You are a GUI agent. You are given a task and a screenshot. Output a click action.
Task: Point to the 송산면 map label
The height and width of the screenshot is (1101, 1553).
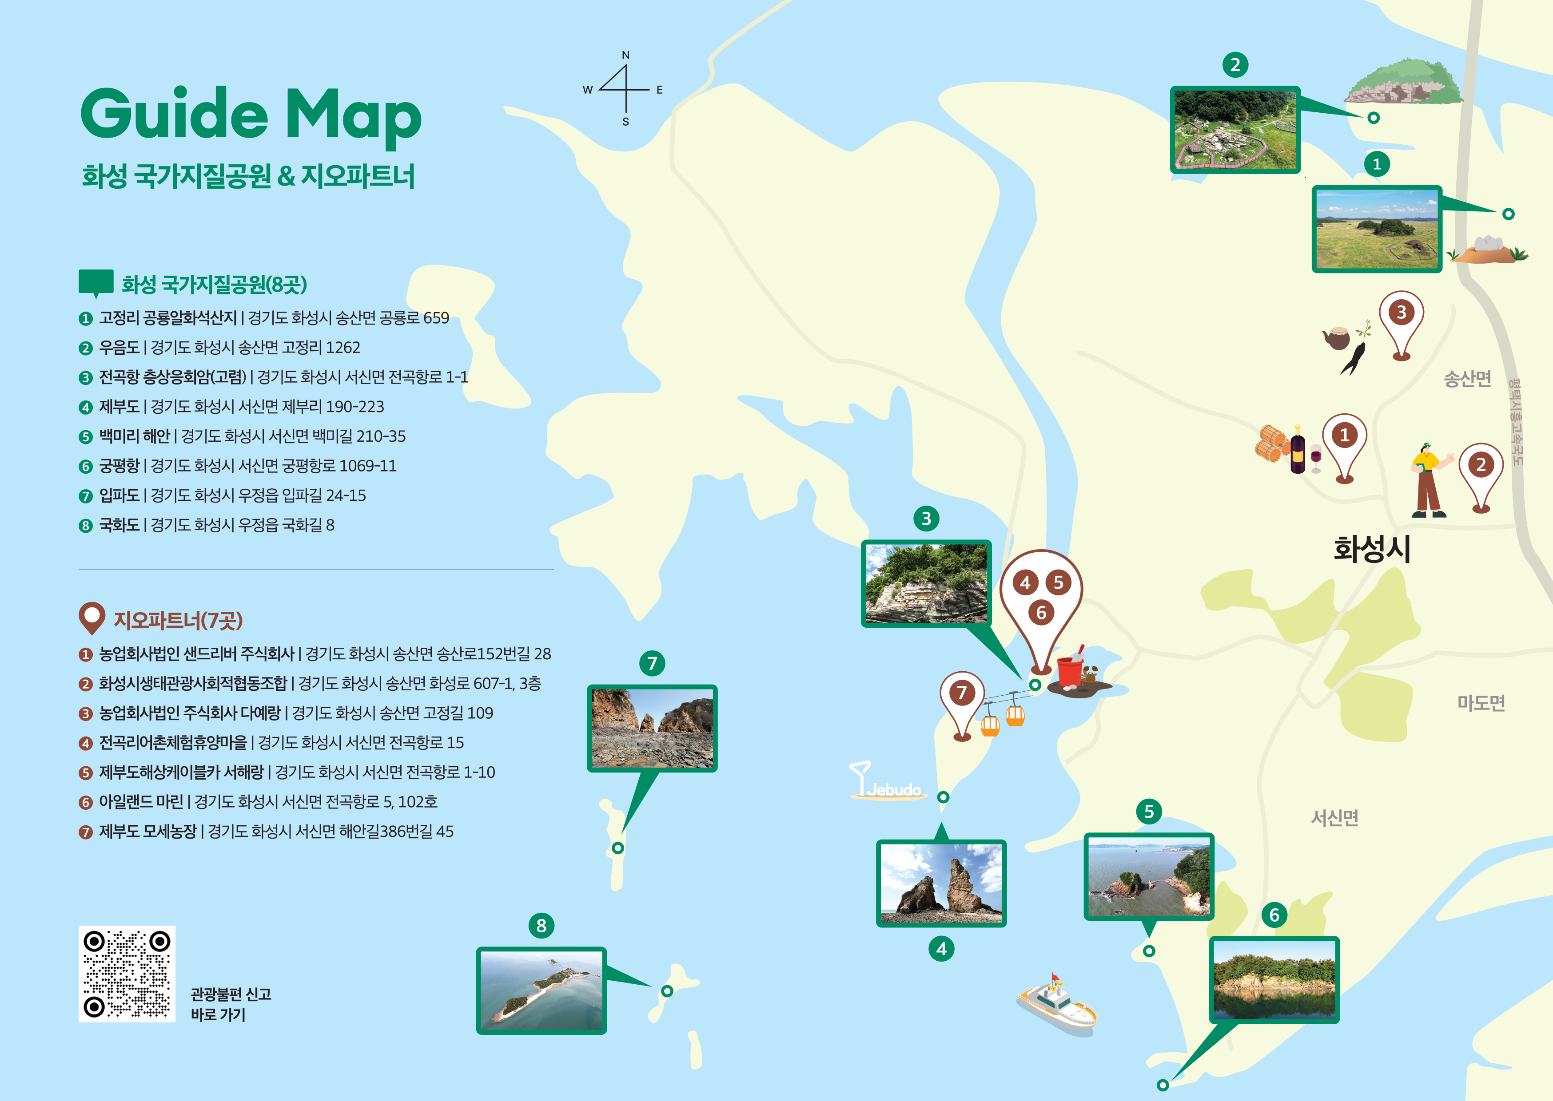click(1467, 378)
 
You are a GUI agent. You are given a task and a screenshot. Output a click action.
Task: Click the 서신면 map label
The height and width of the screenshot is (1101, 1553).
click(1334, 818)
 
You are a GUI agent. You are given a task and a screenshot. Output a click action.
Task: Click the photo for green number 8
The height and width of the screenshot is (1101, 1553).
click(541, 990)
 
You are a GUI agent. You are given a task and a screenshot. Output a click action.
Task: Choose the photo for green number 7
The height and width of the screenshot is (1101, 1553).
click(652, 728)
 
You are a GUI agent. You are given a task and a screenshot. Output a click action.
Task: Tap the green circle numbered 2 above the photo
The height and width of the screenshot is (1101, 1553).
click(1235, 65)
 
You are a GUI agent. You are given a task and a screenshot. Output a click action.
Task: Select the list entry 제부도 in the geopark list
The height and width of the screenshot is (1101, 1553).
click(119, 407)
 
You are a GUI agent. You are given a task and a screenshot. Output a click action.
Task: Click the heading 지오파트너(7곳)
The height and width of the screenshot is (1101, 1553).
click(178, 620)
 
